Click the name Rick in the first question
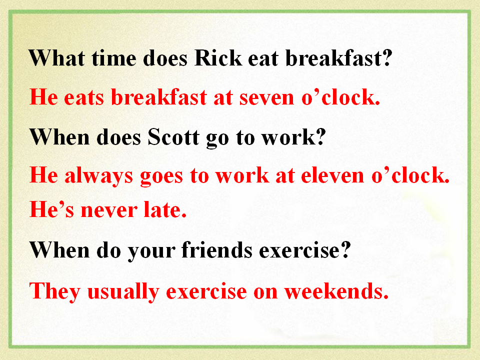point(218,57)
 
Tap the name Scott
point(173,136)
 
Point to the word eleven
point(332,175)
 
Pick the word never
point(109,211)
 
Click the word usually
point(123,291)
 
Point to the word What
point(57,57)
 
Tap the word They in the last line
point(55,291)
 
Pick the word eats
point(84,98)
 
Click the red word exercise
point(206,291)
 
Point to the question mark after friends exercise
point(345,249)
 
